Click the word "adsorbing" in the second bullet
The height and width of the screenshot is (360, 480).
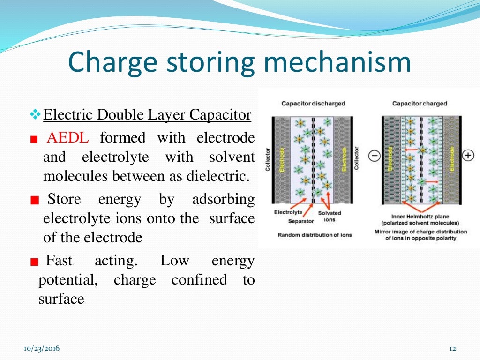coord(223,199)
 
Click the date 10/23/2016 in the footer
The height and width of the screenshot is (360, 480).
coord(42,348)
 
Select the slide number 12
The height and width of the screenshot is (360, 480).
coord(452,348)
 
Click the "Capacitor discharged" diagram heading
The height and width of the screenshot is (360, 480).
coord(313,104)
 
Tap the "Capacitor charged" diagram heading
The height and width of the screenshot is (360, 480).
coord(420,104)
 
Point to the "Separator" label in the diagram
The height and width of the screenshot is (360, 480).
coord(301,221)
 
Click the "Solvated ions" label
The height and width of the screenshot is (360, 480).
coord(330,217)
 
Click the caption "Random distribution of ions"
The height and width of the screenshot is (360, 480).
coord(315,235)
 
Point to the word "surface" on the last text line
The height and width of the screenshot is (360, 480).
coord(61,299)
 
